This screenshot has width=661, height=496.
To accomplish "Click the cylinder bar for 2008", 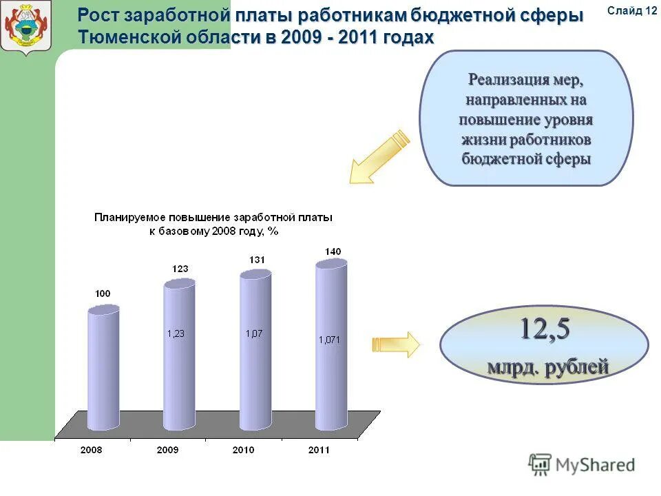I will tap(103, 369).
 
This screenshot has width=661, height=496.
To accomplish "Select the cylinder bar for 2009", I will tap(179, 355).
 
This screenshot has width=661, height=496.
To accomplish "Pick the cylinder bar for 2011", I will tap(331, 344).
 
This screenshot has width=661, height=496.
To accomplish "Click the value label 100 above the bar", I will tap(103, 294).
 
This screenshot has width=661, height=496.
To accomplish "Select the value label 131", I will tap(256, 260).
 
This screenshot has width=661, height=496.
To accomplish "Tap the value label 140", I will tap(333, 251).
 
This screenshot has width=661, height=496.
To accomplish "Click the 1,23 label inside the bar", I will tap(177, 333).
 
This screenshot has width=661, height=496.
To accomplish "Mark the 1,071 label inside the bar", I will tap(329, 339).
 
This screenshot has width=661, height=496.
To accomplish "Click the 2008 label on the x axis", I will tap(91, 450).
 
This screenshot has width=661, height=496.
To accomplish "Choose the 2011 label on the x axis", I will tap(319, 450).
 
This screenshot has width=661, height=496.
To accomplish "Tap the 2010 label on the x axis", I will tap(243, 450).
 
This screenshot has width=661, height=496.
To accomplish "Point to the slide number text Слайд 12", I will tap(633, 10).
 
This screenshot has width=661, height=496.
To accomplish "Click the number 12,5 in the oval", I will tap(544, 330).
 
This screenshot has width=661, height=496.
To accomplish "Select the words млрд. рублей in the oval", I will tap(548, 366).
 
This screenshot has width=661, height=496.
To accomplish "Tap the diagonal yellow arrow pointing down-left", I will tap(379, 156).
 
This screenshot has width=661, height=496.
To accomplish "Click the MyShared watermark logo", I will tap(582, 465).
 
